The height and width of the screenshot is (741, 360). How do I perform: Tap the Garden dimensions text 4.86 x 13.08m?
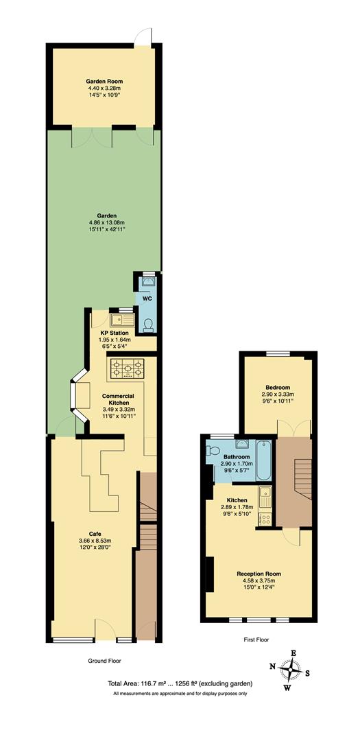coord(104,222)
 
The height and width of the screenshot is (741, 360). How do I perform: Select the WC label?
coord(147,299)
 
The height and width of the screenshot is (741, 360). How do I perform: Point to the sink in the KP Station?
coord(123,318)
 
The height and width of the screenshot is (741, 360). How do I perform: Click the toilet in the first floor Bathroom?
coord(213,453)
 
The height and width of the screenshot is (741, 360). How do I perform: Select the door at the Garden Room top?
coord(142,35)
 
